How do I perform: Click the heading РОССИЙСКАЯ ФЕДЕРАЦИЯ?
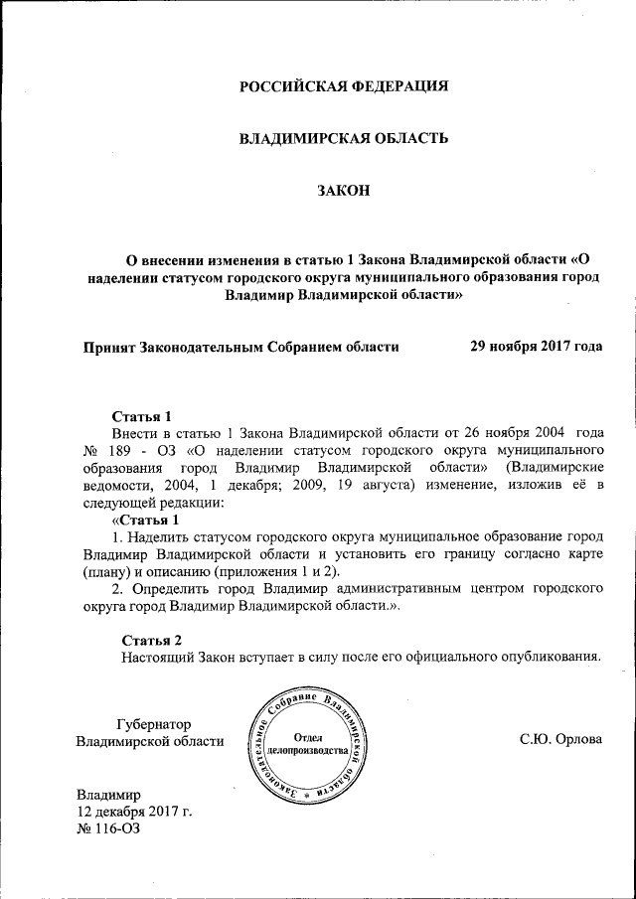tap(344, 85)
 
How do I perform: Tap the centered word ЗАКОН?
tap(343, 191)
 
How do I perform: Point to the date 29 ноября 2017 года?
tap(536, 347)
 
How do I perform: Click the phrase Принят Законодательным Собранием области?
tap(241, 347)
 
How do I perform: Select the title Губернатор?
tap(153, 724)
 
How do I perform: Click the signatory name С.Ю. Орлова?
tap(561, 741)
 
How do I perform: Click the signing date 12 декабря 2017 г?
tap(134, 812)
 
